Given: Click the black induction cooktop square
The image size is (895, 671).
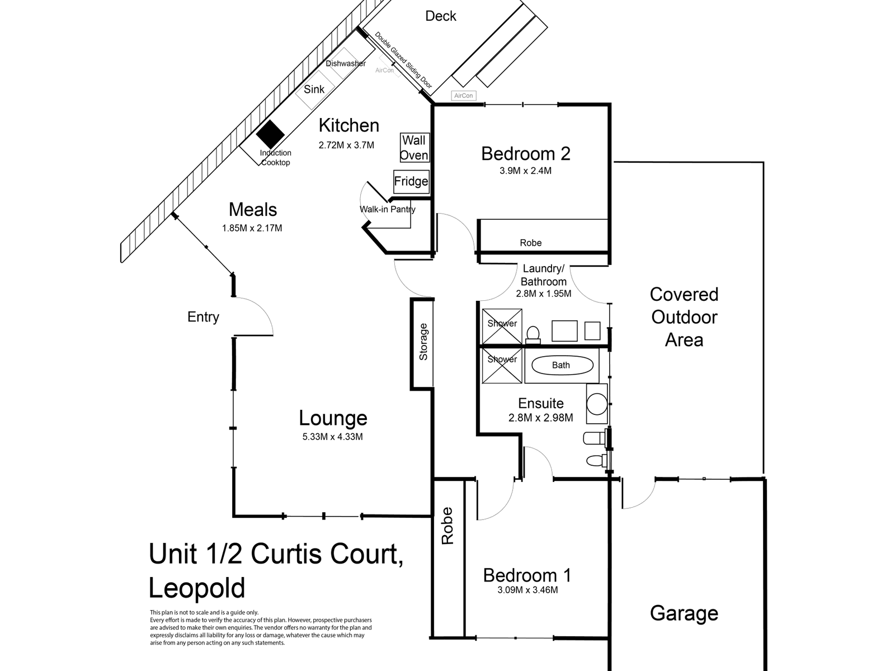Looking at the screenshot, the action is click(x=271, y=135).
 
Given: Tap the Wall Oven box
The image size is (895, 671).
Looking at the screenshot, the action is click(x=414, y=148).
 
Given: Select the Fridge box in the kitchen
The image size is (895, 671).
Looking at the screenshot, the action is click(x=411, y=181).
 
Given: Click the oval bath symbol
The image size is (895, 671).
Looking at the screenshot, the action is click(x=561, y=366).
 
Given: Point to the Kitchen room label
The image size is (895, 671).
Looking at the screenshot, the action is click(x=349, y=125).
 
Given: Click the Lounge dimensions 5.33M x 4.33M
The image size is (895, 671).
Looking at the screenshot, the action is click(x=333, y=437).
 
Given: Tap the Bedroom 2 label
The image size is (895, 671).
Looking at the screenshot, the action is click(x=526, y=154).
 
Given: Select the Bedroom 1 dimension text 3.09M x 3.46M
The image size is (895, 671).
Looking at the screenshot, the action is click(x=527, y=590).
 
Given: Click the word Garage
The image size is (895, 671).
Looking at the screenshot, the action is click(x=684, y=613).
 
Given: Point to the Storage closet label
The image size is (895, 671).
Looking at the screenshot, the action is click(x=423, y=342).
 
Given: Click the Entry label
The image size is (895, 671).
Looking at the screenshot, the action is click(x=203, y=317).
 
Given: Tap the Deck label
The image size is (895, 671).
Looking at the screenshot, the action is click(x=441, y=16).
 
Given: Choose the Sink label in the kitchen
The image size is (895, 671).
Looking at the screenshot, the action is click(x=314, y=89).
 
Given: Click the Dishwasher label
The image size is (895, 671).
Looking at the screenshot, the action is click(x=346, y=64).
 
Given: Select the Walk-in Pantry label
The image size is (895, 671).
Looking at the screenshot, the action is click(x=388, y=210).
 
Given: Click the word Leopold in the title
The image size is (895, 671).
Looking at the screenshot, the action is click(x=197, y=588).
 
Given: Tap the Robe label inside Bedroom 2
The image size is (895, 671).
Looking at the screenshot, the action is click(x=531, y=243).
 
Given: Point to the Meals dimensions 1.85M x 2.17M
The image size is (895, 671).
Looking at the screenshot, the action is click(x=252, y=228).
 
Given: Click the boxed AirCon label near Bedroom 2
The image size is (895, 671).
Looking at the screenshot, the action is click(x=464, y=96).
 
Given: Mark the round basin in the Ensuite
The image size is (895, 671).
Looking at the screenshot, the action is click(x=597, y=404).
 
